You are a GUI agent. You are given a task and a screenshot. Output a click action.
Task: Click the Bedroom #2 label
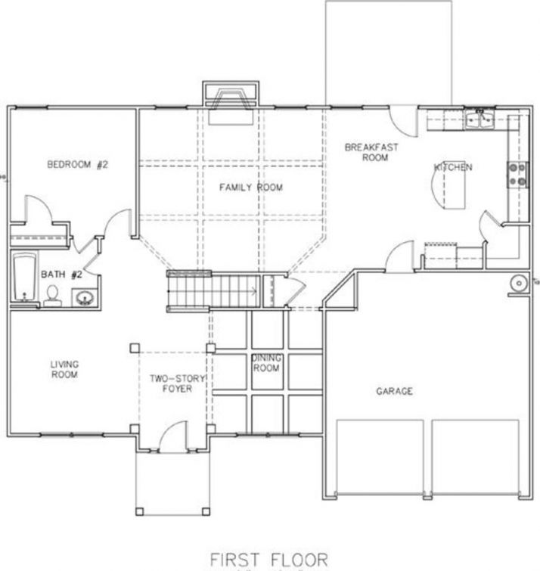click(x=78, y=164)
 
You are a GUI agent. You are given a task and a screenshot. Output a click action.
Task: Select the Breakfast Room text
click(x=371, y=152)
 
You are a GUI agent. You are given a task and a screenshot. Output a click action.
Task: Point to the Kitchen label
click(x=453, y=167)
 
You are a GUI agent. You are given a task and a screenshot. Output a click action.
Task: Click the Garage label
click(x=394, y=391)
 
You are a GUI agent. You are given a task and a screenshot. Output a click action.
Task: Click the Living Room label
click(x=64, y=368)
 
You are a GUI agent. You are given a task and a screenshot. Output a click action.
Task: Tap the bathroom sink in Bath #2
click(x=85, y=297)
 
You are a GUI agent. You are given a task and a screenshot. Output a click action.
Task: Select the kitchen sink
click(x=479, y=119)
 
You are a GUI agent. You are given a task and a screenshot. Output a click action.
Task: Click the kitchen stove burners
click(x=518, y=175)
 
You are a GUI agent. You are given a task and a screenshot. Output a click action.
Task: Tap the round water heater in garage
click(x=518, y=283)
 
